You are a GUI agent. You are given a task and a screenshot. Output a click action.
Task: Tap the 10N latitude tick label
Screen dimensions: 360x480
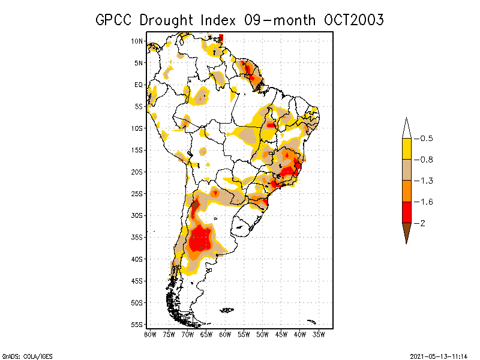pyautogui.click(x=137, y=41)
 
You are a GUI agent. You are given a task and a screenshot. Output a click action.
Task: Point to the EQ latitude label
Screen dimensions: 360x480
pyautogui.click(x=139, y=85)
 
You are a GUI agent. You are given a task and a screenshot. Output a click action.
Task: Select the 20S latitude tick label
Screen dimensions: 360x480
pyautogui.click(x=137, y=172)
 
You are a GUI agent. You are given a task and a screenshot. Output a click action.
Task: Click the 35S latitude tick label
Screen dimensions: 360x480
pyautogui.click(x=137, y=237)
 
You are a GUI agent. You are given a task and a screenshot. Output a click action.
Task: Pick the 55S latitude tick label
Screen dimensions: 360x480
pyautogui.click(x=137, y=324)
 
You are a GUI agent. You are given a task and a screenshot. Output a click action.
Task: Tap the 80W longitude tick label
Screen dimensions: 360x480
pyautogui.click(x=150, y=334)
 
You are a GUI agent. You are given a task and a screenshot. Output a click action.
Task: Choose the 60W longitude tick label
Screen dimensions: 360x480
pyautogui.click(x=225, y=334)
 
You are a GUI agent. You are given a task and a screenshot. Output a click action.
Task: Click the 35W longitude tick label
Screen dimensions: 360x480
pyautogui.click(x=319, y=334)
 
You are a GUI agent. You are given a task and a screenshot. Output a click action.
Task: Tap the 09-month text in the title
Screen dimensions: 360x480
pyautogui.click(x=280, y=20)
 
